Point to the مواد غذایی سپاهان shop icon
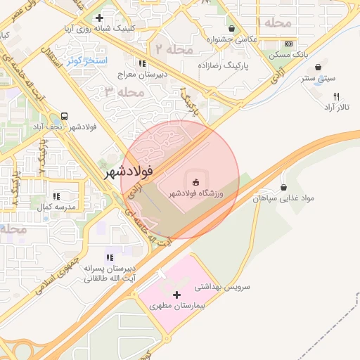[x=283, y=188]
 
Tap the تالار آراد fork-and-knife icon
[x=336, y=96]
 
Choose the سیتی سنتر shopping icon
[x=319, y=67]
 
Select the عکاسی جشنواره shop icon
[x=231, y=29]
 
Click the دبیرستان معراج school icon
[x=143, y=63]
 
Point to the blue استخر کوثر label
[x=86, y=60]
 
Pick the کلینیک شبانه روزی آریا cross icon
[x=99, y=18]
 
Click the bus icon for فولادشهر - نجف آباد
[x=65, y=116]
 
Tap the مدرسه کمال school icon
[x=56, y=197]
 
